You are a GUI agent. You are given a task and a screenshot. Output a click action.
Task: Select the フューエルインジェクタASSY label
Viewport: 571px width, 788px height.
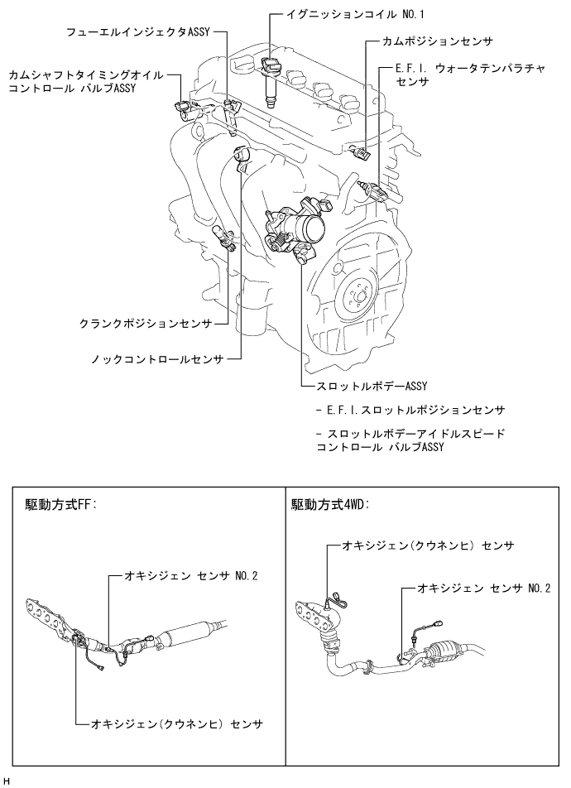click(x=138, y=32)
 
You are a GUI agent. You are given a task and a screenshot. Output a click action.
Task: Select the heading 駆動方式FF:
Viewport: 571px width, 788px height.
click(x=62, y=503)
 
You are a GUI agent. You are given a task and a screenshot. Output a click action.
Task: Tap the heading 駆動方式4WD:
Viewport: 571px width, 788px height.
click(x=330, y=503)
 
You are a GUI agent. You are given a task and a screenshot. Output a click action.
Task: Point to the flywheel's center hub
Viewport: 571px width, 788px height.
click(x=357, y=292)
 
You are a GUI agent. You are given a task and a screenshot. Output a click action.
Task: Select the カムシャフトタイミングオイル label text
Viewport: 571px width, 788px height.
click(x=86, y=74)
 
